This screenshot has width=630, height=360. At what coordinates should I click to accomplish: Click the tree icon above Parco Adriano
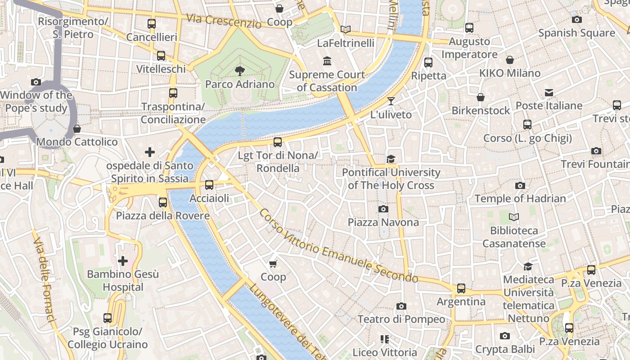(x=240, y=71)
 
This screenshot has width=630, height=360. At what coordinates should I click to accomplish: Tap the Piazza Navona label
(x=383, y=222)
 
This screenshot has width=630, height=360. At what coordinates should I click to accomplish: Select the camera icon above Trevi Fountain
(x=596, y=151)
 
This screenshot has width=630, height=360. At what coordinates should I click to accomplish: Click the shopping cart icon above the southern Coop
(x=273, y=264)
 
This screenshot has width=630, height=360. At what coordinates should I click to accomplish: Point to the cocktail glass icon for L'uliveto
(x=391, y=101)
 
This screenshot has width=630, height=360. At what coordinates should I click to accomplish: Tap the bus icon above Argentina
(x=461, y=288)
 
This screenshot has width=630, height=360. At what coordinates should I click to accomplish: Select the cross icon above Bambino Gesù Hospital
(x=122, y=261)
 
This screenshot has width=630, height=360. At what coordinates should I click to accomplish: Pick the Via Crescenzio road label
(x=224, y=21)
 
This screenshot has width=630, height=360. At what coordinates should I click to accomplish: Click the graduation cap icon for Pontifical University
(x=391, y=159)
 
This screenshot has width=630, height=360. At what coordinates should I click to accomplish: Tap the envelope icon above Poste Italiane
(x=549, y=93)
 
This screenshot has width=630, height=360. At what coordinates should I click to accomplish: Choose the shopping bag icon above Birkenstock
(x=481, y=97)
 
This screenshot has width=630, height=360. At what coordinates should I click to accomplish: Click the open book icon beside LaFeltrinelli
(x=345, y=30)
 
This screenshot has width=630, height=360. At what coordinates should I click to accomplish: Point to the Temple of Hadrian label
(x=520, y=198)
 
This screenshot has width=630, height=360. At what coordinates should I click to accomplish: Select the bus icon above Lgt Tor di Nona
(x=278, y=142)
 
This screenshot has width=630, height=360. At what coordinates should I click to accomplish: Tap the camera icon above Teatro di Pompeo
(x=401, y=306)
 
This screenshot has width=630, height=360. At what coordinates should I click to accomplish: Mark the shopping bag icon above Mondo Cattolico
(x=77, y=129)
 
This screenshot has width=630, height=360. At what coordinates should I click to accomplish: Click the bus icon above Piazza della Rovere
(x=163, y=202)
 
